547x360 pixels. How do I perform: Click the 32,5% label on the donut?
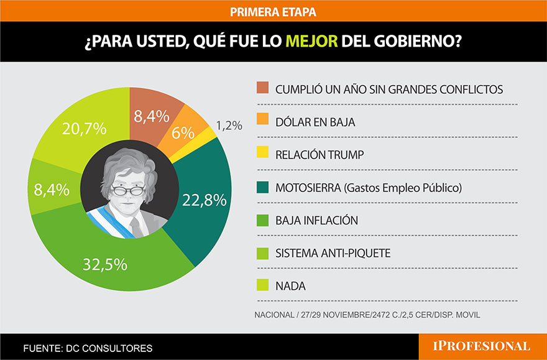click(x=104, y=264)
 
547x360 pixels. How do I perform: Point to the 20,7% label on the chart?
click(x=85, y=130)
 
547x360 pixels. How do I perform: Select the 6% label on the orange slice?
click(x=183, y=132)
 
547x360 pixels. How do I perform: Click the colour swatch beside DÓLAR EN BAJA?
click(x=262, y=122)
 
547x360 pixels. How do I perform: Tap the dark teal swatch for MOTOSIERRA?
click(x=262, y=188)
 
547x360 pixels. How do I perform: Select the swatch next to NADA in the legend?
click(x=262, y=287)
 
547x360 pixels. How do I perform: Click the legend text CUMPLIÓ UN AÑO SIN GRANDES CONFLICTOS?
click(x=389, y=89)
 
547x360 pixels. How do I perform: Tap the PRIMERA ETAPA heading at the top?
click(x=273, y=11)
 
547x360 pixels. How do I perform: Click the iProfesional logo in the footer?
click(x=482, y=346)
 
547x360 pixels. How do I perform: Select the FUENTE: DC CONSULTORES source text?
click(x=88, y=348)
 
